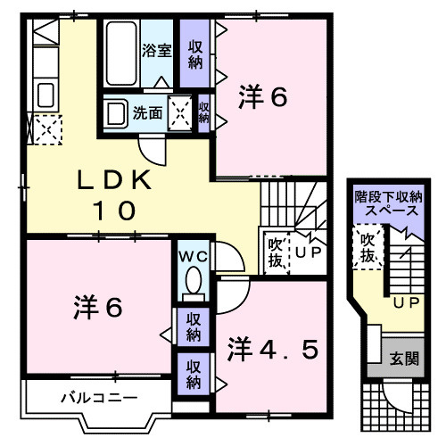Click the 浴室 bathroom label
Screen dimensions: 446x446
(x=158, y=50)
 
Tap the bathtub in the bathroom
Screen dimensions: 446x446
(x=122, y=53)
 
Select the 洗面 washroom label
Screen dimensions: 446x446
(x=148, y=113)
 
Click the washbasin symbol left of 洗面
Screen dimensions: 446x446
(x=115, y=113)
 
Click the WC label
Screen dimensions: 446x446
(x=194, y=257)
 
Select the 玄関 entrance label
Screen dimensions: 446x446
(x=403, y=359)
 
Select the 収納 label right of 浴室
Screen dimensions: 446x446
(x=195, y=54)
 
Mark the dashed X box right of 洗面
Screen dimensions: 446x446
(x=181, y=114)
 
